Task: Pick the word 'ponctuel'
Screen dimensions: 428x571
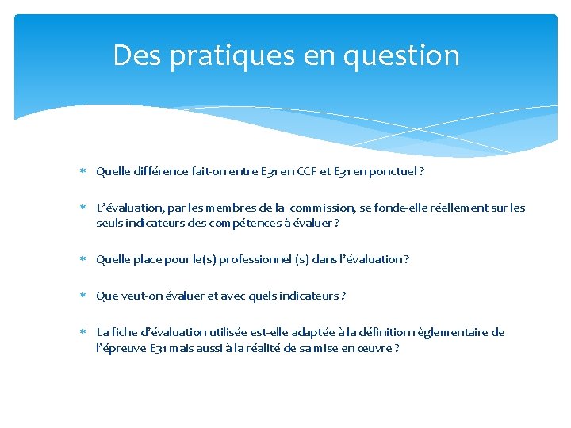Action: pyautogui.click(x=393, y=171)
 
